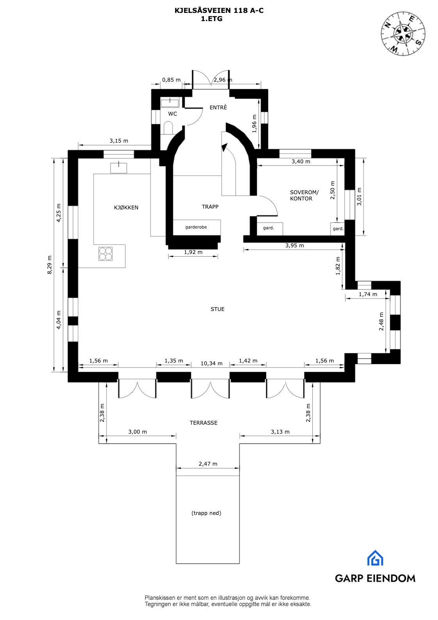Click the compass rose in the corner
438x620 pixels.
coord(403,33)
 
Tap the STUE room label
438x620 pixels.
coord(217,309)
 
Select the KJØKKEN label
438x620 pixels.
coord(126,207)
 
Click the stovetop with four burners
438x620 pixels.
coord(106,254)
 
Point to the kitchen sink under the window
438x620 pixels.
coord(119,168)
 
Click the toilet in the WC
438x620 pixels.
coord(168,128)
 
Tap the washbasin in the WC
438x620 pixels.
coord(170,103)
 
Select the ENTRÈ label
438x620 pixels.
coord(218,107)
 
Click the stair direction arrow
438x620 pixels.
coord(224,147)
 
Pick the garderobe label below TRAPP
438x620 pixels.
coord(196,227)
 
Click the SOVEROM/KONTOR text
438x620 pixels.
coord(304,195)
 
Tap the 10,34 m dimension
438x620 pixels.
coord(212,363)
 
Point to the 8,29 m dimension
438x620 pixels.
coord(50,265)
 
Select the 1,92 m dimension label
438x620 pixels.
coord(193,252)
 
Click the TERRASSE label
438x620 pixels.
coord(203,423)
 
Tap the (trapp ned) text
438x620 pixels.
coord(206,513)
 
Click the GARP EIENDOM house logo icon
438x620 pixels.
coord(375,558)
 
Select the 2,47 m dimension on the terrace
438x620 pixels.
coord(208,464)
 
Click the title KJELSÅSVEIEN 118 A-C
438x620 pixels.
coord(219,11)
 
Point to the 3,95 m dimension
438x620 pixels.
coord(294,246)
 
